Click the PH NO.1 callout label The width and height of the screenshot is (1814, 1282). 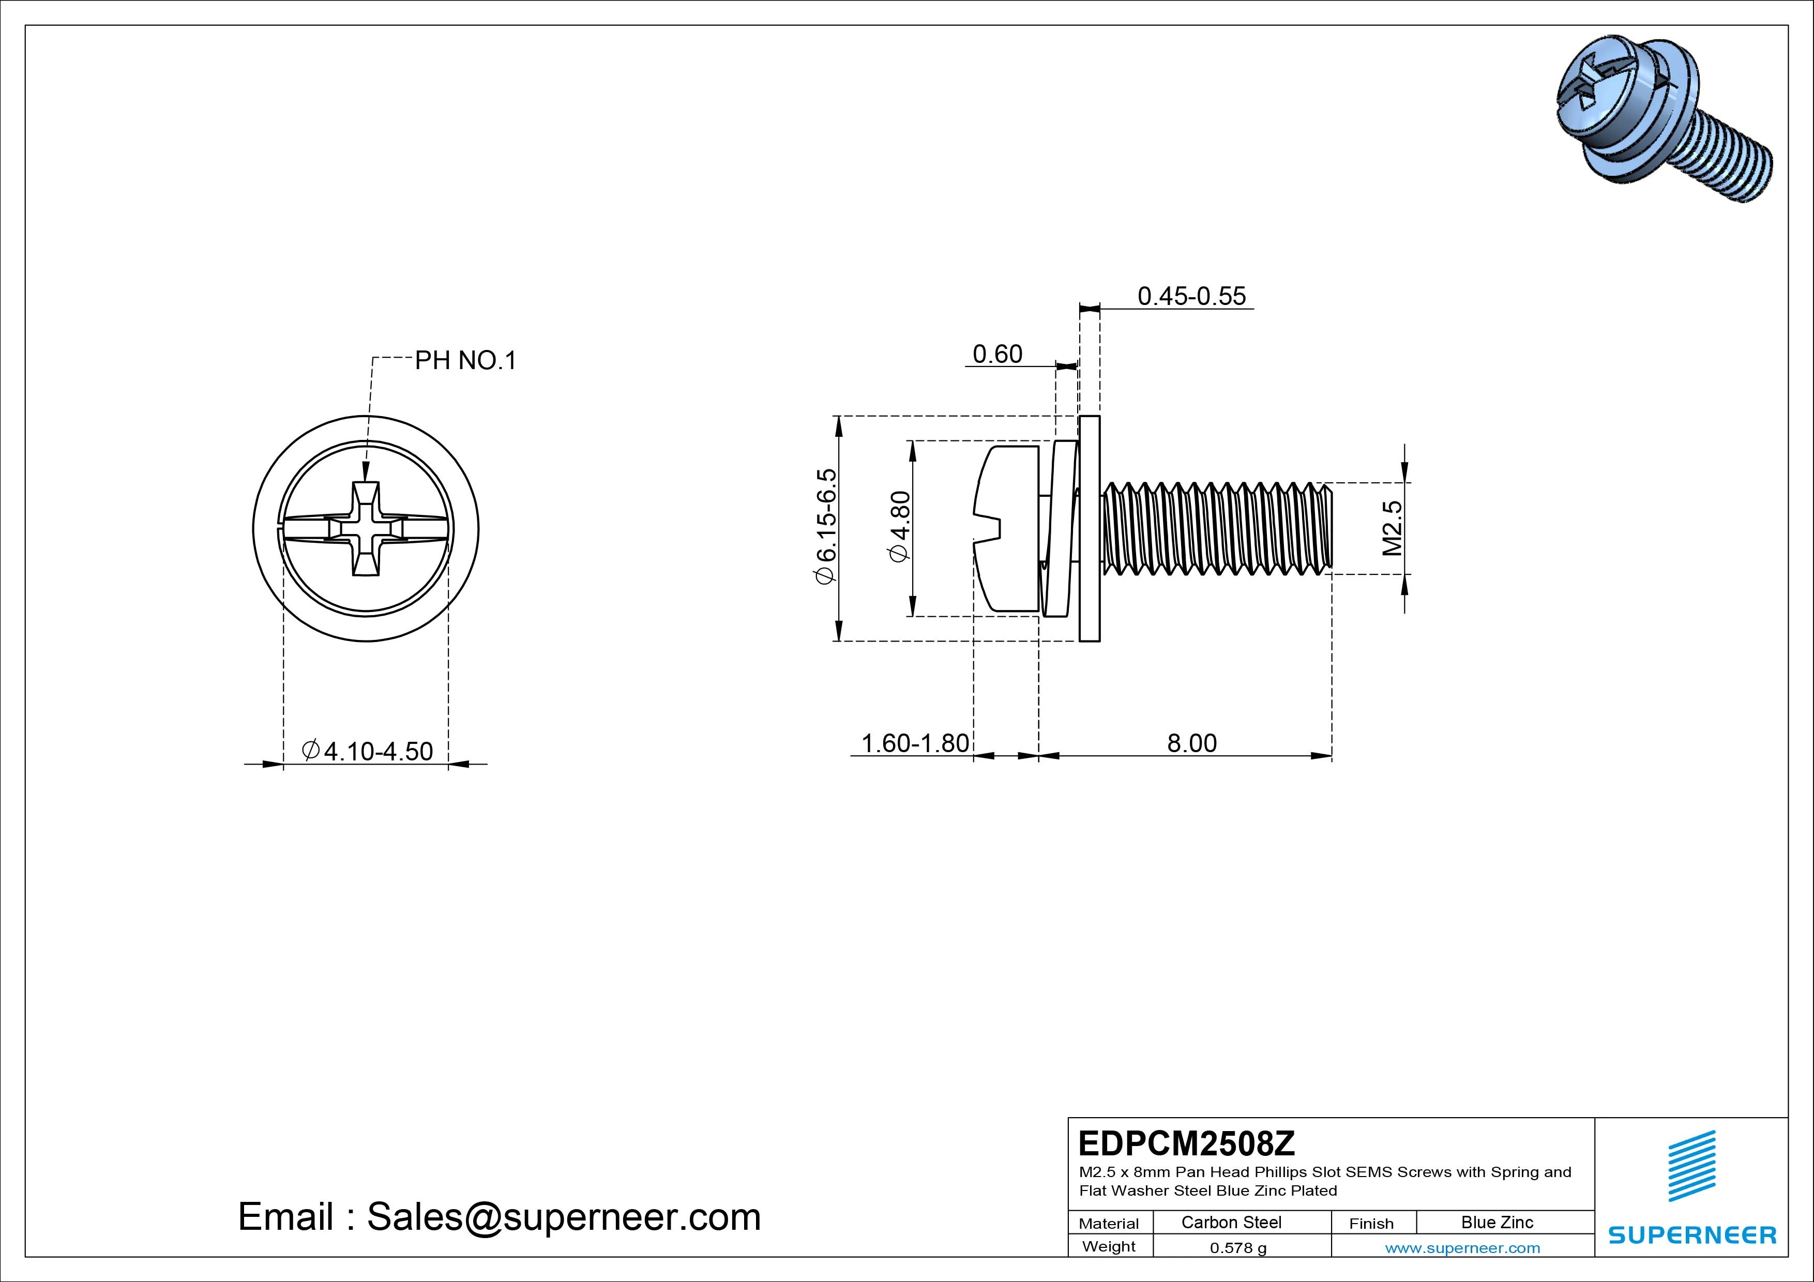[x=465, y=361]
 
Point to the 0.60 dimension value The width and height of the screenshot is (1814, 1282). [x=997, y=354]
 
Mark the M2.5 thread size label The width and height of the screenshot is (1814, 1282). [x=1392, y=528]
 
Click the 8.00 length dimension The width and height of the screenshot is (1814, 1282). [x=1191, y=743]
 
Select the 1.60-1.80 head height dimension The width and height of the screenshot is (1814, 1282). [x=914, y=743]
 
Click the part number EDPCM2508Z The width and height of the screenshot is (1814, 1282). [x=1186, y=1143]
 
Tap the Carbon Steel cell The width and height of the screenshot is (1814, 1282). [x=1231, y=1222]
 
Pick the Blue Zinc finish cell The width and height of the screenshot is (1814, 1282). [x=1496, y=1222]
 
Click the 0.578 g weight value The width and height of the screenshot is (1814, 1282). [x=1238, y=1248]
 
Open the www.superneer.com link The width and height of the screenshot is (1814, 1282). [x=1462, y=1248]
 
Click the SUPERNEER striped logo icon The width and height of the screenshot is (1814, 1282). [x=1691, y=1165]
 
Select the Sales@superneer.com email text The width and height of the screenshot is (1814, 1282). [x=563, y=1216]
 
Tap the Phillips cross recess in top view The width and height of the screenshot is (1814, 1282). [x=366, y=528]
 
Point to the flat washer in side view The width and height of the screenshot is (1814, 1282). [x=1090, y=528]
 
